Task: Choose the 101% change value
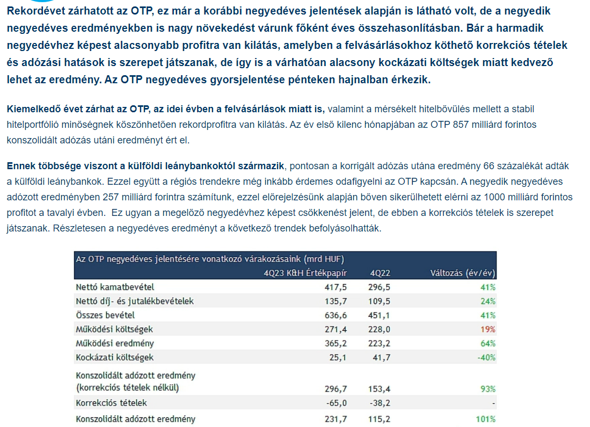(486, 419)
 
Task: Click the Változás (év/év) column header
(463, 272)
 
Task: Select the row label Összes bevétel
(105, 315)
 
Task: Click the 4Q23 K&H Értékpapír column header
(305, 272)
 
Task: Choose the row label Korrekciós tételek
(111, 403)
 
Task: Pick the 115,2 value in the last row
(379, 419)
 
